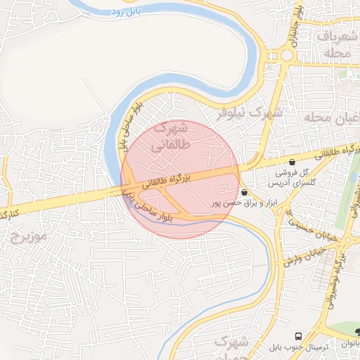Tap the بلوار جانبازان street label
click(x=297, y=25)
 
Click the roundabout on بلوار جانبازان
click(x=286, y=55)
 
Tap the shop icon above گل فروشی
click(x=292, y=162)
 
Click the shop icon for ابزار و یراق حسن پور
click(x=244, y=192)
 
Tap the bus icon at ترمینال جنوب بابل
click(x=299, y=336)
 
